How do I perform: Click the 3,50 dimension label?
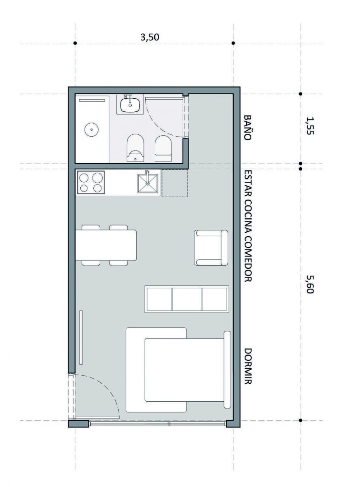pos(150,37)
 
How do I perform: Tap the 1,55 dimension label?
pos(310,125)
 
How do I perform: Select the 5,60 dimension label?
pos(310,285)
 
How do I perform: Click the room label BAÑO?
pos(247,128)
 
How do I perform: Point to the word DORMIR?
pos(247,366)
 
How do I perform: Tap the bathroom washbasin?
pos(130,104)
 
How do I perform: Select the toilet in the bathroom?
pos(136,148)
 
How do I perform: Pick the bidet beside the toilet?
pos(164,148)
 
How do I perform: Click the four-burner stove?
pos(91,182)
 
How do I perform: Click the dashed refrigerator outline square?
pos(175,183)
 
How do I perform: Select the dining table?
pos(106,245)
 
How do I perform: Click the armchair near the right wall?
pos(211,248)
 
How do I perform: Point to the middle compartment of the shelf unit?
pos(186,299)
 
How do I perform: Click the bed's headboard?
pos(227,370)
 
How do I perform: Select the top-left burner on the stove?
pos(84,178)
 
